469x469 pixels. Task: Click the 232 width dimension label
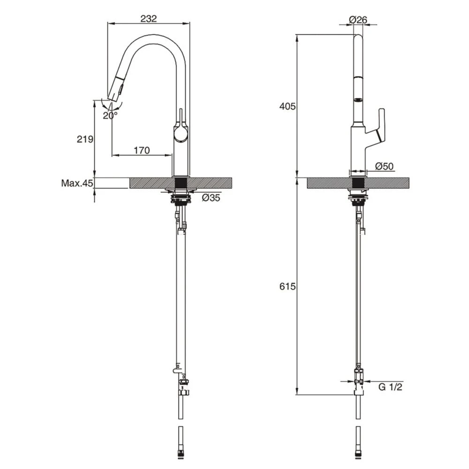pyautogui.click(x=148, y=18)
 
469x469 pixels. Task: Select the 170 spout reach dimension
pyautogui.click(x=141, y=151)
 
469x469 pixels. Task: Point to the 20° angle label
pyautogui.click(x=111, y=115)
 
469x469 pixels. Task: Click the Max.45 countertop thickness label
pyautogui.click(x=77, y=183)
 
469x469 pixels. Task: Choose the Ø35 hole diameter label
pyautogui.click(x=211, y=198)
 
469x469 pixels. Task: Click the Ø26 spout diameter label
pyautogui.click(x=358, y=20)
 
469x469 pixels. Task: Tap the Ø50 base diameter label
pyautogui.click(x=384, y=166)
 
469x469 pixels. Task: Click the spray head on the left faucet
pyautogui.click(x=116, y=89)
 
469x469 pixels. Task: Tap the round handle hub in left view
pyautogui.click(x=181, y=136)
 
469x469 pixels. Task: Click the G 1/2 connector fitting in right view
pyautogui.click(x=359, y=378)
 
